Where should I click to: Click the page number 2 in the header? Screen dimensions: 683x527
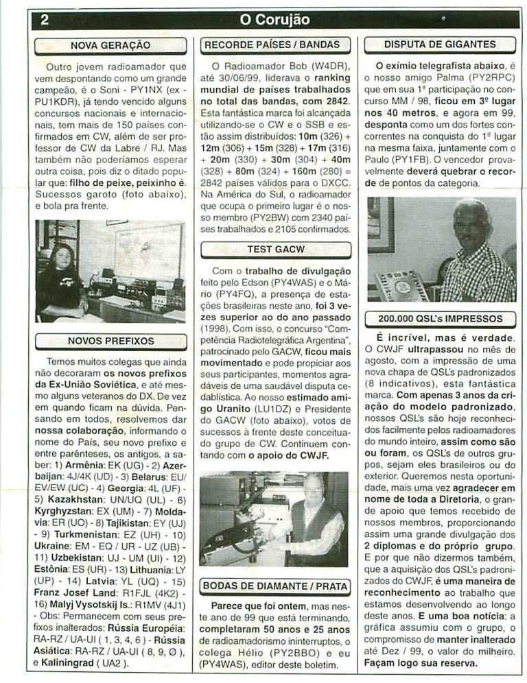(44, 19)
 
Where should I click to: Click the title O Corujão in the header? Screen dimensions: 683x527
(274, 19)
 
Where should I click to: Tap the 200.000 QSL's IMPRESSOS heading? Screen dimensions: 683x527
(440, 319)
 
